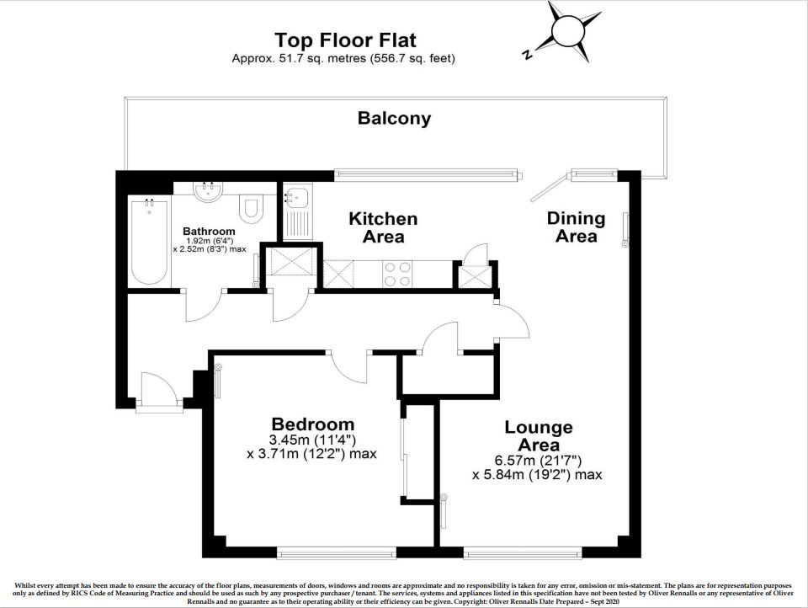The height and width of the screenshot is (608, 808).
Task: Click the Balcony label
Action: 394,118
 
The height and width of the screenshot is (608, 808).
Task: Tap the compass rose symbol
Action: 568,32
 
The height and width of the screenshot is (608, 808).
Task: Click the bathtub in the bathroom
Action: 150,242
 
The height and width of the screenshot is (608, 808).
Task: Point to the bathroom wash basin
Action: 208,191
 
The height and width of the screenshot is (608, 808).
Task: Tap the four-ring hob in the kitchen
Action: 396,275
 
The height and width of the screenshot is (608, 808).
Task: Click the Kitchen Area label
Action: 383,227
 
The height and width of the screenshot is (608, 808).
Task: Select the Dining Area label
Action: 576,227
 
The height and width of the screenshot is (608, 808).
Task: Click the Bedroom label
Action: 313,424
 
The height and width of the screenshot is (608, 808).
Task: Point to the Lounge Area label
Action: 539,435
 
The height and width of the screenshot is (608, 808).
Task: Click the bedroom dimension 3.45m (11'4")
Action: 313,440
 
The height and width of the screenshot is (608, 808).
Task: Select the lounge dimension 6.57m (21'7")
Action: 538,461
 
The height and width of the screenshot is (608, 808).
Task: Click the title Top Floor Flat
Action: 345,40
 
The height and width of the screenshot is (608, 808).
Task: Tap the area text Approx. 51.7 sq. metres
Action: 299,58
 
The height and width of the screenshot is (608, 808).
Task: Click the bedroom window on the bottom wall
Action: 337,552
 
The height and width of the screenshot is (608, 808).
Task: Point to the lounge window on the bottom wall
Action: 523,552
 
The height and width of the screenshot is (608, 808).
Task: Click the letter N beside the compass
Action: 527,54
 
